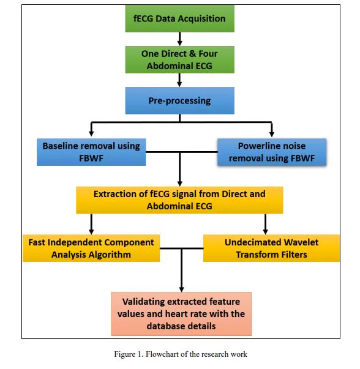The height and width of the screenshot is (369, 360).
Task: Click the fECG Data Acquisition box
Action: click(179, 18)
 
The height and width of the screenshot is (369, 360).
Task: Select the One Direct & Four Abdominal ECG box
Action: click(179, 59)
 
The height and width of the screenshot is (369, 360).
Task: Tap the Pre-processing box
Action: click(179, 100)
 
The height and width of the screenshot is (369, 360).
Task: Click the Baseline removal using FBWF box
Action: click(91, 152)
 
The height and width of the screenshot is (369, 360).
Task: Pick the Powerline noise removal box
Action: click(272, 152)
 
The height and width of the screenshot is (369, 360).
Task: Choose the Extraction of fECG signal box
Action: click(179, 200)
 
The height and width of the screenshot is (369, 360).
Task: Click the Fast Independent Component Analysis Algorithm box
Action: click(91, 248)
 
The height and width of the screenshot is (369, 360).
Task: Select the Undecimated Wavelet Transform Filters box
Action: click(271, 248)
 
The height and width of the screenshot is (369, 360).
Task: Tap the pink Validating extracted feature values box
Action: click(181, 314)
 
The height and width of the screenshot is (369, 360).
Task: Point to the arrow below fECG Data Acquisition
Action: click(179, 39)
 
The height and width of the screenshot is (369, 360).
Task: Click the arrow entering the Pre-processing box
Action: click(179, 80)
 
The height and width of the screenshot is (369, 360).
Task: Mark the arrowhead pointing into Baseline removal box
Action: click(91, 133)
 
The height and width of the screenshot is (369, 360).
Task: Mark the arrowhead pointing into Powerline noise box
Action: click(272, 133)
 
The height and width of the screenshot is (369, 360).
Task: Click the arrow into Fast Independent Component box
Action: click(91, 224)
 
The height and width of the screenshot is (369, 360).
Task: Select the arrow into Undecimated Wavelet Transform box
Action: click(265, 224)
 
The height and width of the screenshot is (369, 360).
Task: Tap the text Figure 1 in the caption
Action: click(129, 354)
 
